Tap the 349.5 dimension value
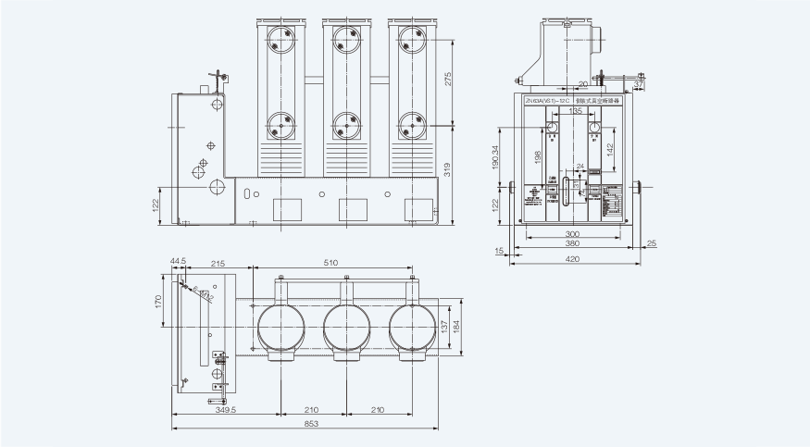[226, 409]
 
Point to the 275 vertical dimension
[449, 81]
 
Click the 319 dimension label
[449, 169]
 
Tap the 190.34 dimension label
[496, 160]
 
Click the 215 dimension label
[217, 264]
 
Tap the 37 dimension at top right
[639, 84]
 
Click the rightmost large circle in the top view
[411, 329]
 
